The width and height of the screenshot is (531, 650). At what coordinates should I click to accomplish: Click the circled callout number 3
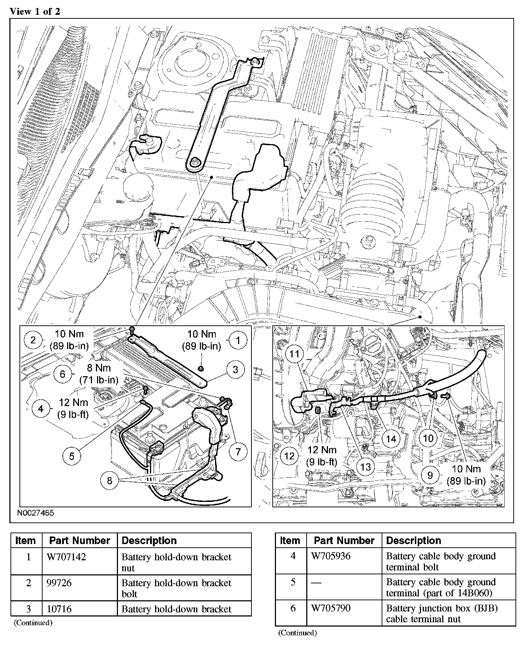click(x=236, y=369)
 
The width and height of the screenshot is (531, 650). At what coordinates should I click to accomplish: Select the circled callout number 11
click(x=295, y=353)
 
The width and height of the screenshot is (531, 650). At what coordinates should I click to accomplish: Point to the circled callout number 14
click(x=391, y=438)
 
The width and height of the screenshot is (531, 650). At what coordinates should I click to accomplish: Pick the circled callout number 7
click(x=238, y=451)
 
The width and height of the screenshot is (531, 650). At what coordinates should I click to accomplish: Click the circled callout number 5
click(x=72, y=456)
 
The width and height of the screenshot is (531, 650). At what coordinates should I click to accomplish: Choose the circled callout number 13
click(x=365, y=467)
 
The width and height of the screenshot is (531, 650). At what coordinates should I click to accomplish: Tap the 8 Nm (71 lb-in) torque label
click(x=98, y=374)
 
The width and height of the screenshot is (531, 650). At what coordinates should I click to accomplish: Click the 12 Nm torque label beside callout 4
click(x=73, y=408)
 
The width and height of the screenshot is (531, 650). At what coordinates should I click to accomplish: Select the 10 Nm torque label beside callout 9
click(x=466, y=475)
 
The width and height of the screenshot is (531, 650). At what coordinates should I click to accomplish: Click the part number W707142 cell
click(x=66, y=557)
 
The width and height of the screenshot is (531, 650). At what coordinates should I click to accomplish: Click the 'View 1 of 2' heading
click(x=35, y=11)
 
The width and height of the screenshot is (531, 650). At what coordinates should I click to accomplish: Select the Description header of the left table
click(x=149, y=540)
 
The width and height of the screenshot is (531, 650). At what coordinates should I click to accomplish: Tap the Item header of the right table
click(x=290, y=540)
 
